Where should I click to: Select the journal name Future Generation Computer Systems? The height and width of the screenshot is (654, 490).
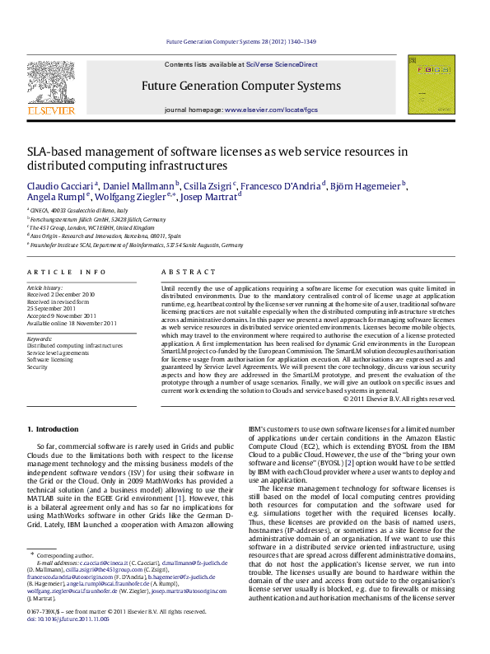pos(240,85)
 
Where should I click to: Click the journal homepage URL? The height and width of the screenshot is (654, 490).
pos(270,110)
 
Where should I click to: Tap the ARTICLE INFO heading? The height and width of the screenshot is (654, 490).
pos(66,272)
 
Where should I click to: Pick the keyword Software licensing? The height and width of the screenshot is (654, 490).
pos(49,360)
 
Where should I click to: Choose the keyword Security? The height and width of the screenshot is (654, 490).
pos(37,367)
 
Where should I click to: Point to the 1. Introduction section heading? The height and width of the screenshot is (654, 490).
pos(53,429)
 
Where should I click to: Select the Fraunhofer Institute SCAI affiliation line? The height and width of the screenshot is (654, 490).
pos(136,245)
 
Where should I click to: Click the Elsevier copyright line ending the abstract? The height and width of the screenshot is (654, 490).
pos(399,399)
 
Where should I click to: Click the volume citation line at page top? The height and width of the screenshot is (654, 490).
pos(240,41)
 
